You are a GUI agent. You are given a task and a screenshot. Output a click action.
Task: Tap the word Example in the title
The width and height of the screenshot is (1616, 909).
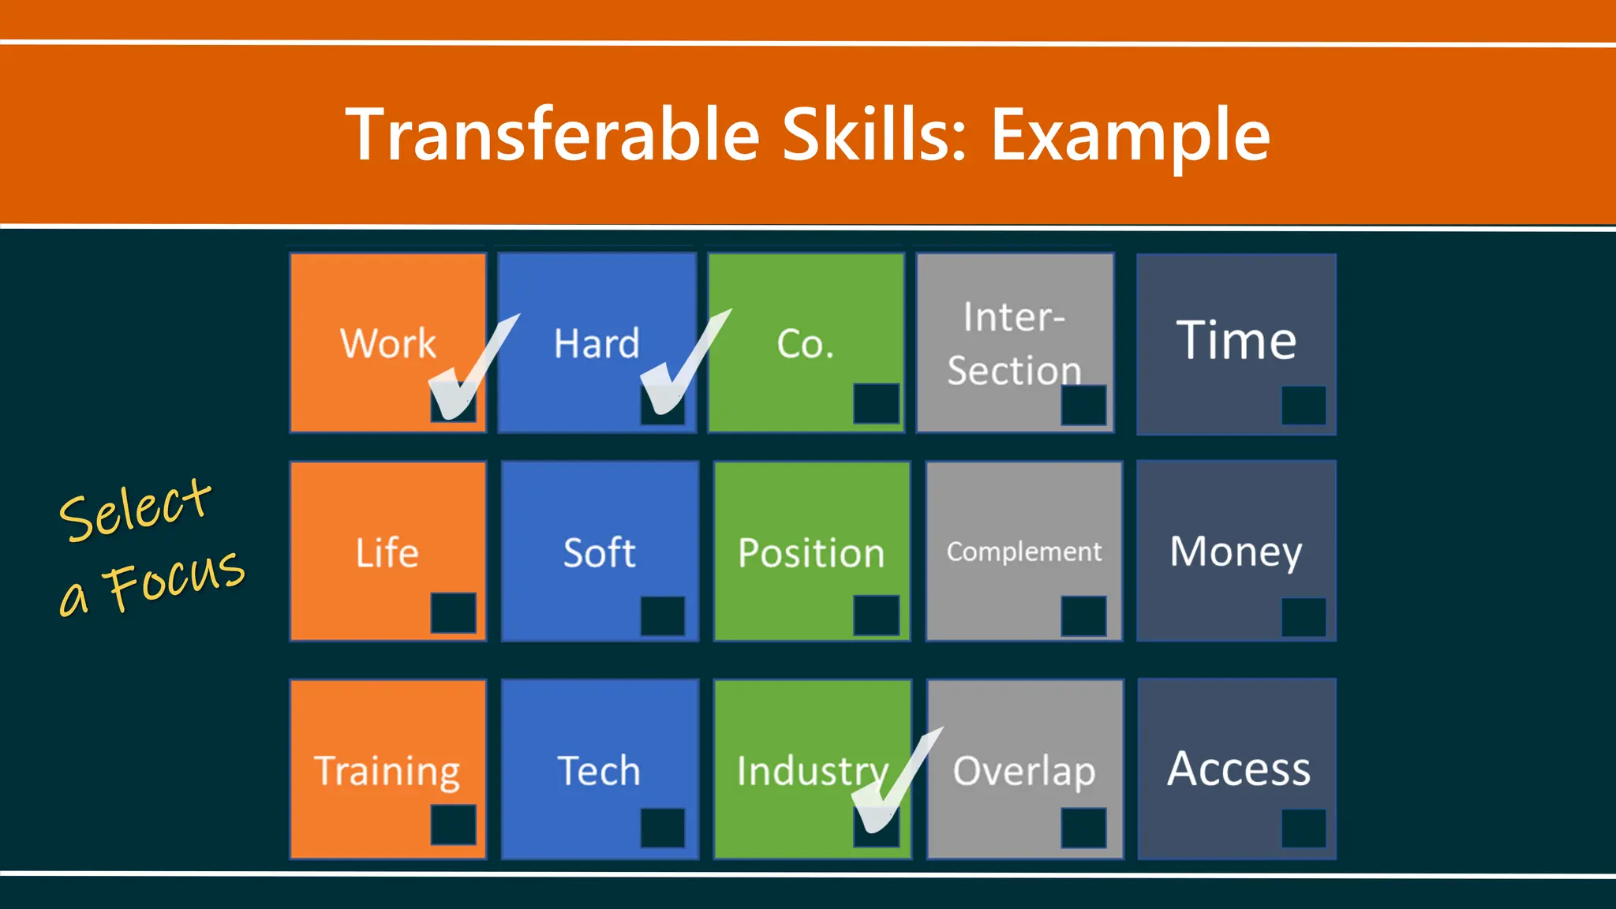click(x=1130, y=136)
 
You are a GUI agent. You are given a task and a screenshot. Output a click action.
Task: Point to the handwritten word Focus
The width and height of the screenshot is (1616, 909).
click(x=177, y=580)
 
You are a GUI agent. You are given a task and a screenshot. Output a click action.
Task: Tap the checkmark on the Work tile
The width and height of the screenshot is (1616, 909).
click(x=469, y=371)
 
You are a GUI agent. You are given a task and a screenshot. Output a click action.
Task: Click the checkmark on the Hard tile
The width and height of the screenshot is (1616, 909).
click(x=680, y=367)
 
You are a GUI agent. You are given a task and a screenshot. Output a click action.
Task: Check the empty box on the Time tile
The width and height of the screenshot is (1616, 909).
click(x=1303, y=405)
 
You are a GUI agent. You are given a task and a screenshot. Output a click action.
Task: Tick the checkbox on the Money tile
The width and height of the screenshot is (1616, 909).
click(x=1303, y=616)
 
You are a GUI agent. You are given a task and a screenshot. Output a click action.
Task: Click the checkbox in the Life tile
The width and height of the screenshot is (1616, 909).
click(x=453, y=612)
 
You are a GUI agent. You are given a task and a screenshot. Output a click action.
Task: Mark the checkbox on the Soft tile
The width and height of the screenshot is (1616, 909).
click(x=662, y=615)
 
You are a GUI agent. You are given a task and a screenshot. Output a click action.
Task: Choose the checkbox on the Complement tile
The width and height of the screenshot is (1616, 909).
click(x=1083, y=615)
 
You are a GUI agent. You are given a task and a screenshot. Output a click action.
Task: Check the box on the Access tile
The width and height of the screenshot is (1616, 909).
click(x=1303, y=828)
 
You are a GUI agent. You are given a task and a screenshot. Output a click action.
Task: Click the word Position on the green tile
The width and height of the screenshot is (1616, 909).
click(x=811, y=552)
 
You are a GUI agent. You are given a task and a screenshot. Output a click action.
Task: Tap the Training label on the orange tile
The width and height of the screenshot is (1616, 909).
click(x=387, y=771)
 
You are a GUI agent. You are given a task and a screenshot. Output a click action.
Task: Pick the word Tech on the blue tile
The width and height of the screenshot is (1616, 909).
click(x=599, y=771)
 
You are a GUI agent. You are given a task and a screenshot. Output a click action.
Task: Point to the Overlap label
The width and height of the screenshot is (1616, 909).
click(x=1023, y=771)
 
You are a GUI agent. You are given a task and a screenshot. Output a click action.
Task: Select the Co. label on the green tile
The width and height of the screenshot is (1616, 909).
click(x=805, y=344)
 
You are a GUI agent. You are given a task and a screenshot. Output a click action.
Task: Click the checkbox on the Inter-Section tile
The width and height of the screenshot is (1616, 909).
click(x=1083, y=405)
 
